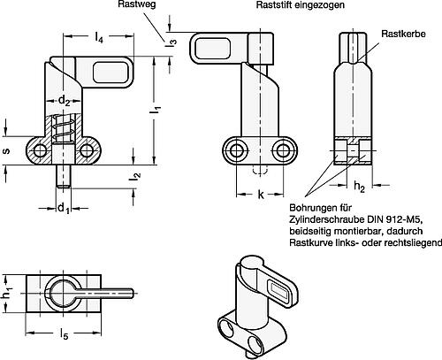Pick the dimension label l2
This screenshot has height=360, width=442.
[x=135, y=177]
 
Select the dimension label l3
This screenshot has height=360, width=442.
[x=173, y=40]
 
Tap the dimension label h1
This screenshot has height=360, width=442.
[x=6, y=288]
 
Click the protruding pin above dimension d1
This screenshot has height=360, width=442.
[x=64, y=178]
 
